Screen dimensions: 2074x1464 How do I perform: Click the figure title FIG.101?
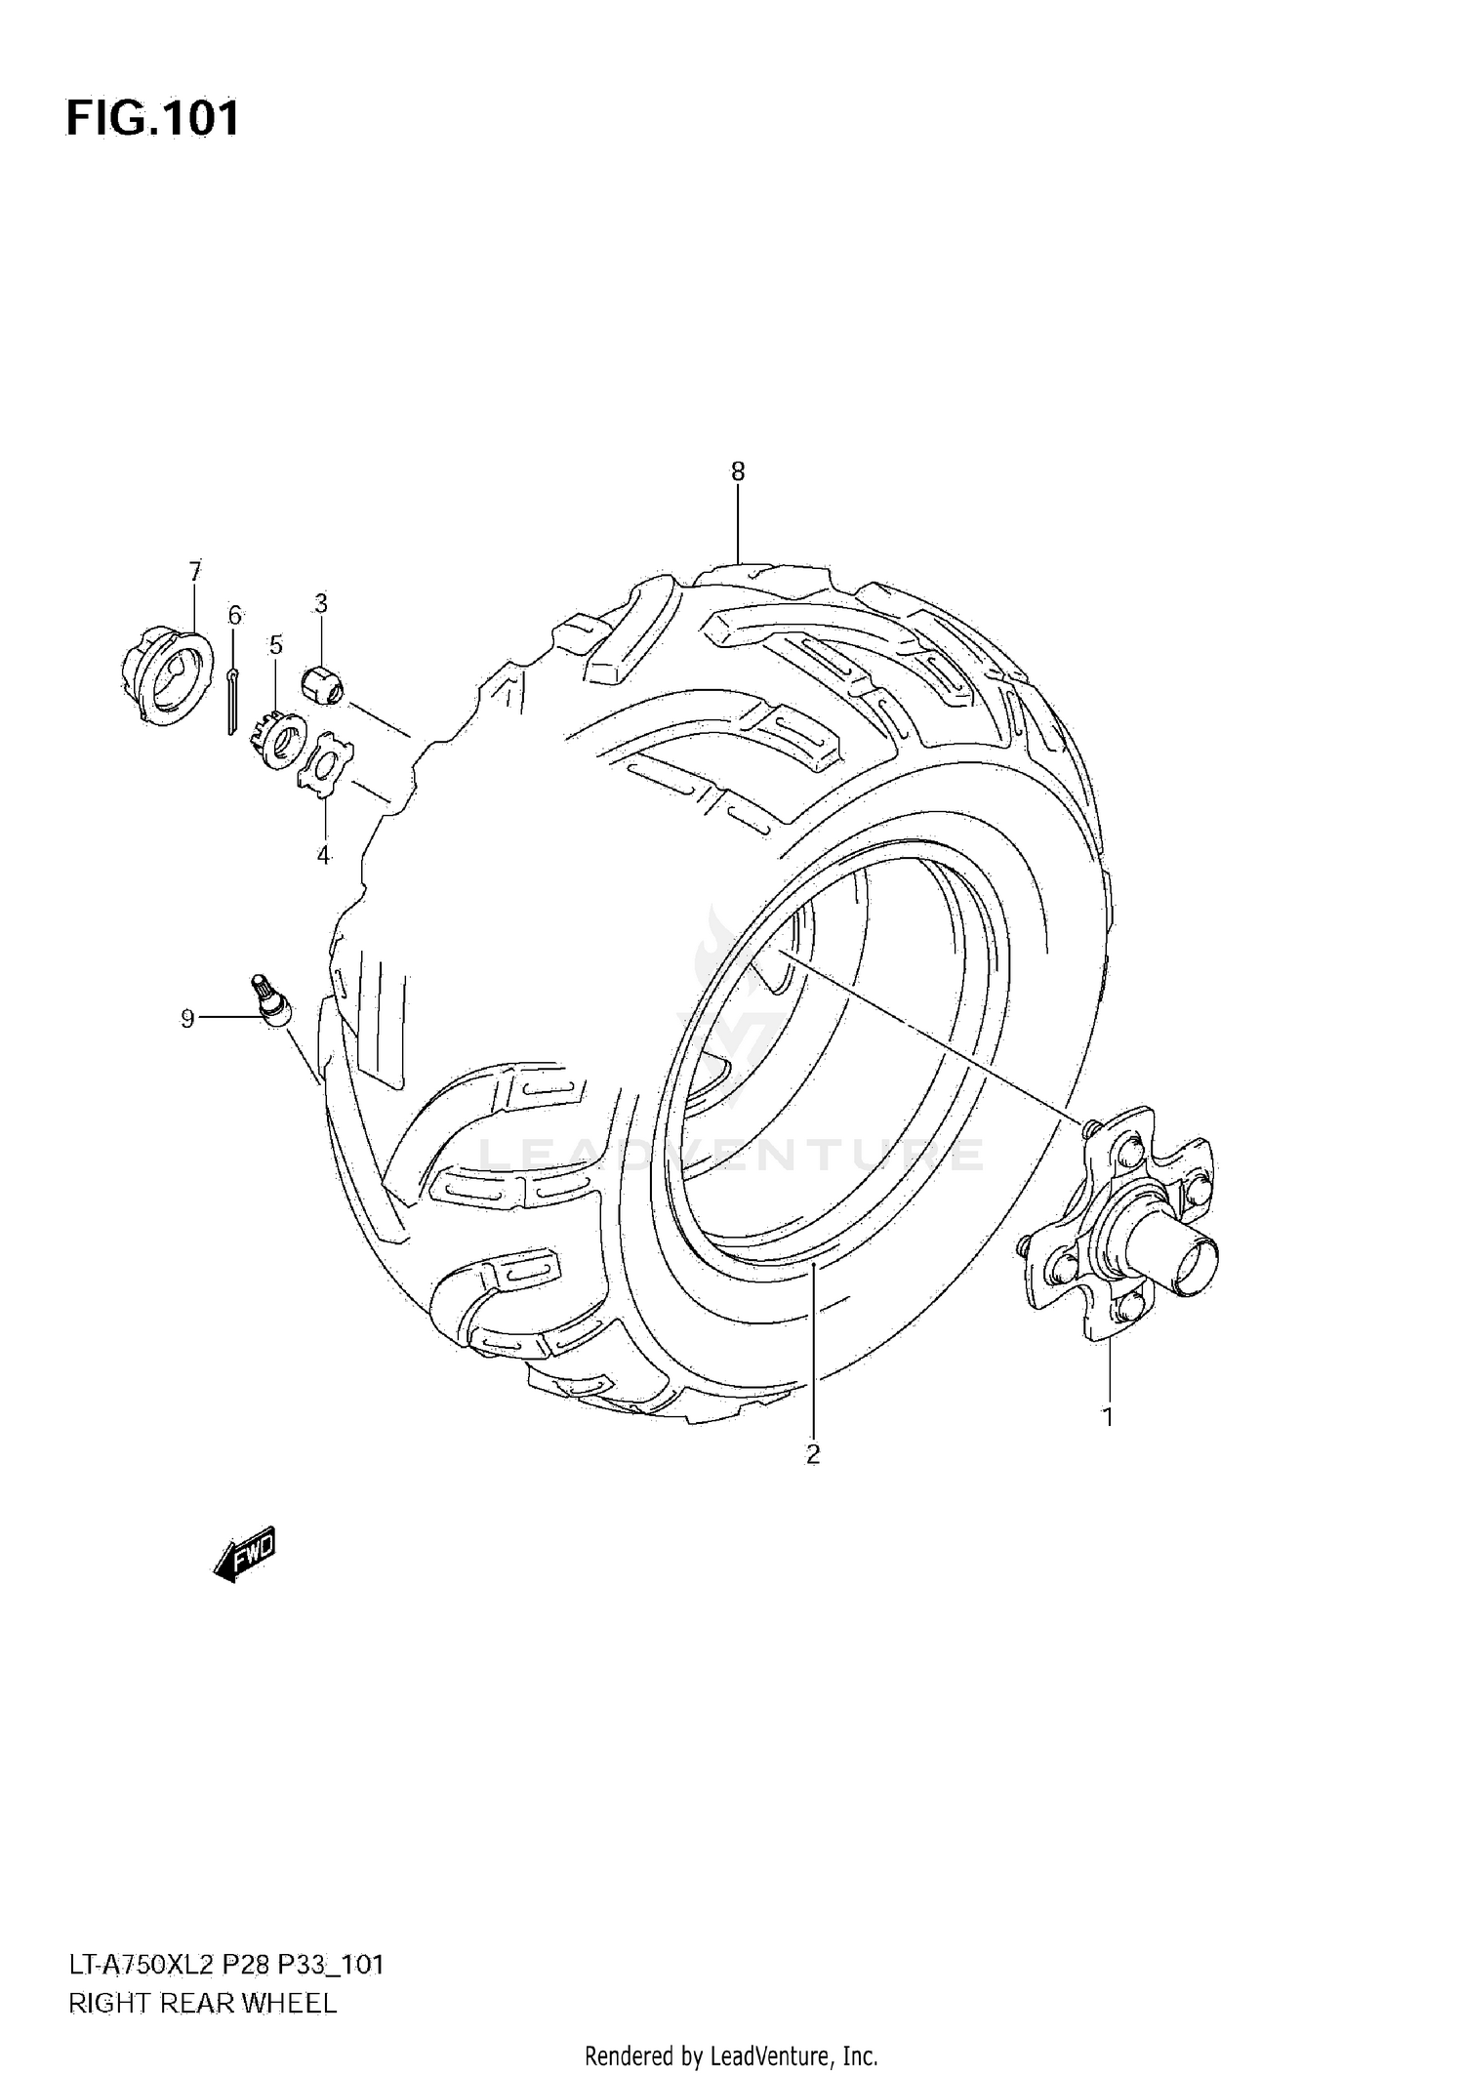pyautogui.click(x=152, y=119)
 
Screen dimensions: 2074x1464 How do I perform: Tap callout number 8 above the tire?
pyautogui.click(x=738, y=472)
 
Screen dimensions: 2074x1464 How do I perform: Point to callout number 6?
pyautogui.click(x=234, y=615)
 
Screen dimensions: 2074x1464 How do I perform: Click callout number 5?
pyautogui.click(x=276, y=645)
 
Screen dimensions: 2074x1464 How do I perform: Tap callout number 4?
pyautogui.click(x=323, y=856)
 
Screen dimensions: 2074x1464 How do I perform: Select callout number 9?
pyautogui.click(x=187, y=1019)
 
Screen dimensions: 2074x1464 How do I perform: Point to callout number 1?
pyautogui.click(x=1108, y=1416)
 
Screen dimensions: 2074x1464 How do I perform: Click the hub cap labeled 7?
pyautogui.click(x=168, y=673)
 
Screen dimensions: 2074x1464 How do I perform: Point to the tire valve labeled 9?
pyautogui.click(x=270, y=1001)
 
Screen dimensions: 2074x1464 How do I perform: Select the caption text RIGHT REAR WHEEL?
pyautogui.click(x=202, y=2004)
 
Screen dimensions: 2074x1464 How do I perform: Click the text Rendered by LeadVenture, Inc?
pyautogui.click(x=731, y=2051)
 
